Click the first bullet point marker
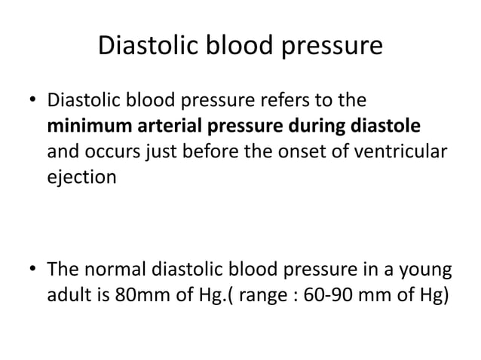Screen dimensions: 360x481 pyautogui.click(x=33, y=102)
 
